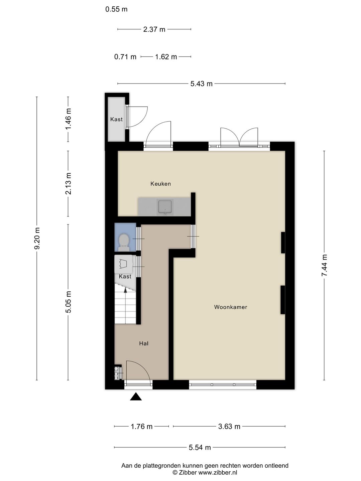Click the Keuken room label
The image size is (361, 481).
(160, 184)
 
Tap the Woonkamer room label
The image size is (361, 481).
(231, 307)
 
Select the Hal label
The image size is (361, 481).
(144, 343)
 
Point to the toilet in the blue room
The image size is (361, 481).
(124, 243)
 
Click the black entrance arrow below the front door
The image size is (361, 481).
(136, 397)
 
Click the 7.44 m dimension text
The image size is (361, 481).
(324, 265)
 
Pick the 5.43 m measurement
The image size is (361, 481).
(201, 84)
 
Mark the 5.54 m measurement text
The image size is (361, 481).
(200, 447)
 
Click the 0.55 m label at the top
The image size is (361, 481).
(116, 9)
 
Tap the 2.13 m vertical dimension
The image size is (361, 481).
(69, 183)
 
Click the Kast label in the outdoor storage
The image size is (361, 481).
(116, 119)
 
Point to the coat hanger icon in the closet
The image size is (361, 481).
(123, 264)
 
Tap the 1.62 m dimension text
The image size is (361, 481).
(166, 57)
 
